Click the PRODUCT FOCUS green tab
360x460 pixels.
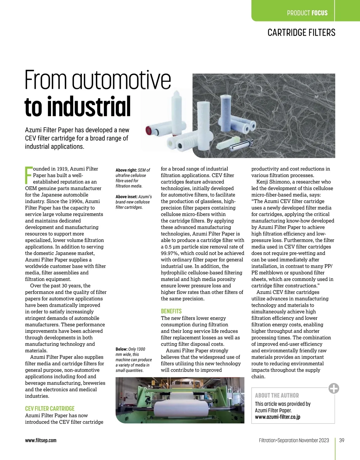(307, 13)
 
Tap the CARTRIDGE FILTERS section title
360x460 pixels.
(301, 32)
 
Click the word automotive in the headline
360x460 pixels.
(121, 80)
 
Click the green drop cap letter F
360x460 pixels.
(28, 175)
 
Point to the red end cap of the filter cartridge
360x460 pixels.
(148, 130)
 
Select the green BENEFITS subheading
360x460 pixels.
(171, 311)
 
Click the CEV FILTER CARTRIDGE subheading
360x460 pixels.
(50, 408)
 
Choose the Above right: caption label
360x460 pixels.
(126, 170)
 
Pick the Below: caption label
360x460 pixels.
(121, 349)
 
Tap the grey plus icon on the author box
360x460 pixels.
(334, 388)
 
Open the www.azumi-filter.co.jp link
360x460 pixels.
(277, 417)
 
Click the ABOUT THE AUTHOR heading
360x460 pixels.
(277, 395)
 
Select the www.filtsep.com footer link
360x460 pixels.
(41, 440)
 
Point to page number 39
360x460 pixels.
(342, 440)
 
